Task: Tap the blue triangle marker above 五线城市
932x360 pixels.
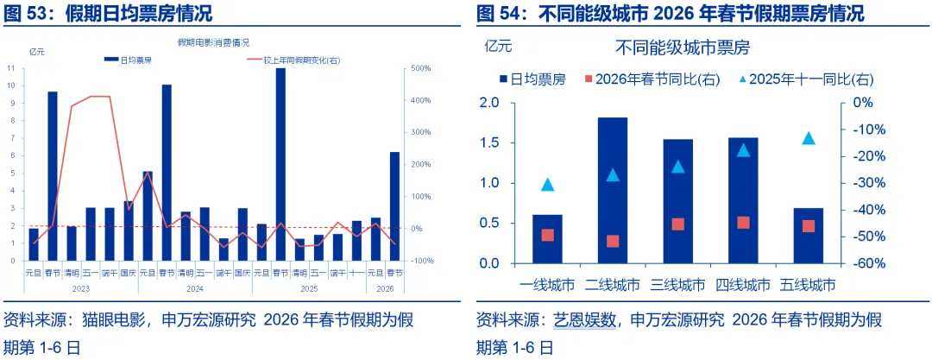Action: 809,138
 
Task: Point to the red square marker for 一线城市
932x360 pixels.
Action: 547,235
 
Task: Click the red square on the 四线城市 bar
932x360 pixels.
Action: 743,222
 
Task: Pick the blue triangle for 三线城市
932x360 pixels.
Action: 678,167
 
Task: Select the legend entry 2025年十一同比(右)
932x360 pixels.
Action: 804,79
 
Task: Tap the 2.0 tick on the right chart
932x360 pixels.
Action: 488,103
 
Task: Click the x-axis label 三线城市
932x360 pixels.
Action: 678,284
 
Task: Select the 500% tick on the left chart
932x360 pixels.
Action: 422,68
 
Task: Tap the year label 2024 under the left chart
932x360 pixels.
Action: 194,288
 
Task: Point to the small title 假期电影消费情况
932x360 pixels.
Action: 213,41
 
